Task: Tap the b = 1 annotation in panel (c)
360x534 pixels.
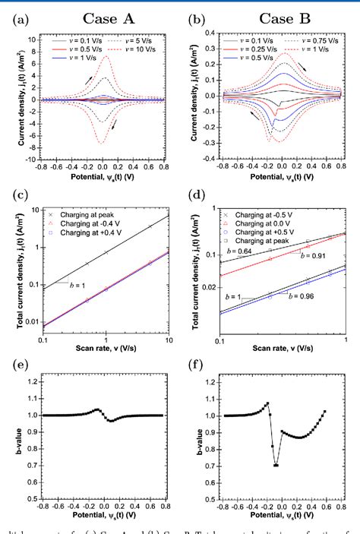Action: [72, 286]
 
